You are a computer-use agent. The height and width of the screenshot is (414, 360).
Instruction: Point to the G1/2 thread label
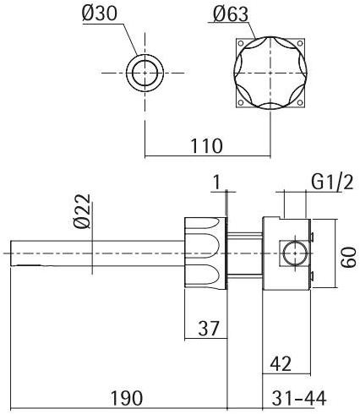point(332,182)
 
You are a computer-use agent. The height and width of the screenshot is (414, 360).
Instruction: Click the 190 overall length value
point(127,398)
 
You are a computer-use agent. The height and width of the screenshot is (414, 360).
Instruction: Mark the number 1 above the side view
point(217,182)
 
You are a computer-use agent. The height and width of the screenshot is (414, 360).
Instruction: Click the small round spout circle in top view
point(145,74)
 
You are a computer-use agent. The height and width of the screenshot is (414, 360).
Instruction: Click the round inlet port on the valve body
point(292,252)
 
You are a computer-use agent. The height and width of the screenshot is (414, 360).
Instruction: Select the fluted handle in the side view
point(206,252)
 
